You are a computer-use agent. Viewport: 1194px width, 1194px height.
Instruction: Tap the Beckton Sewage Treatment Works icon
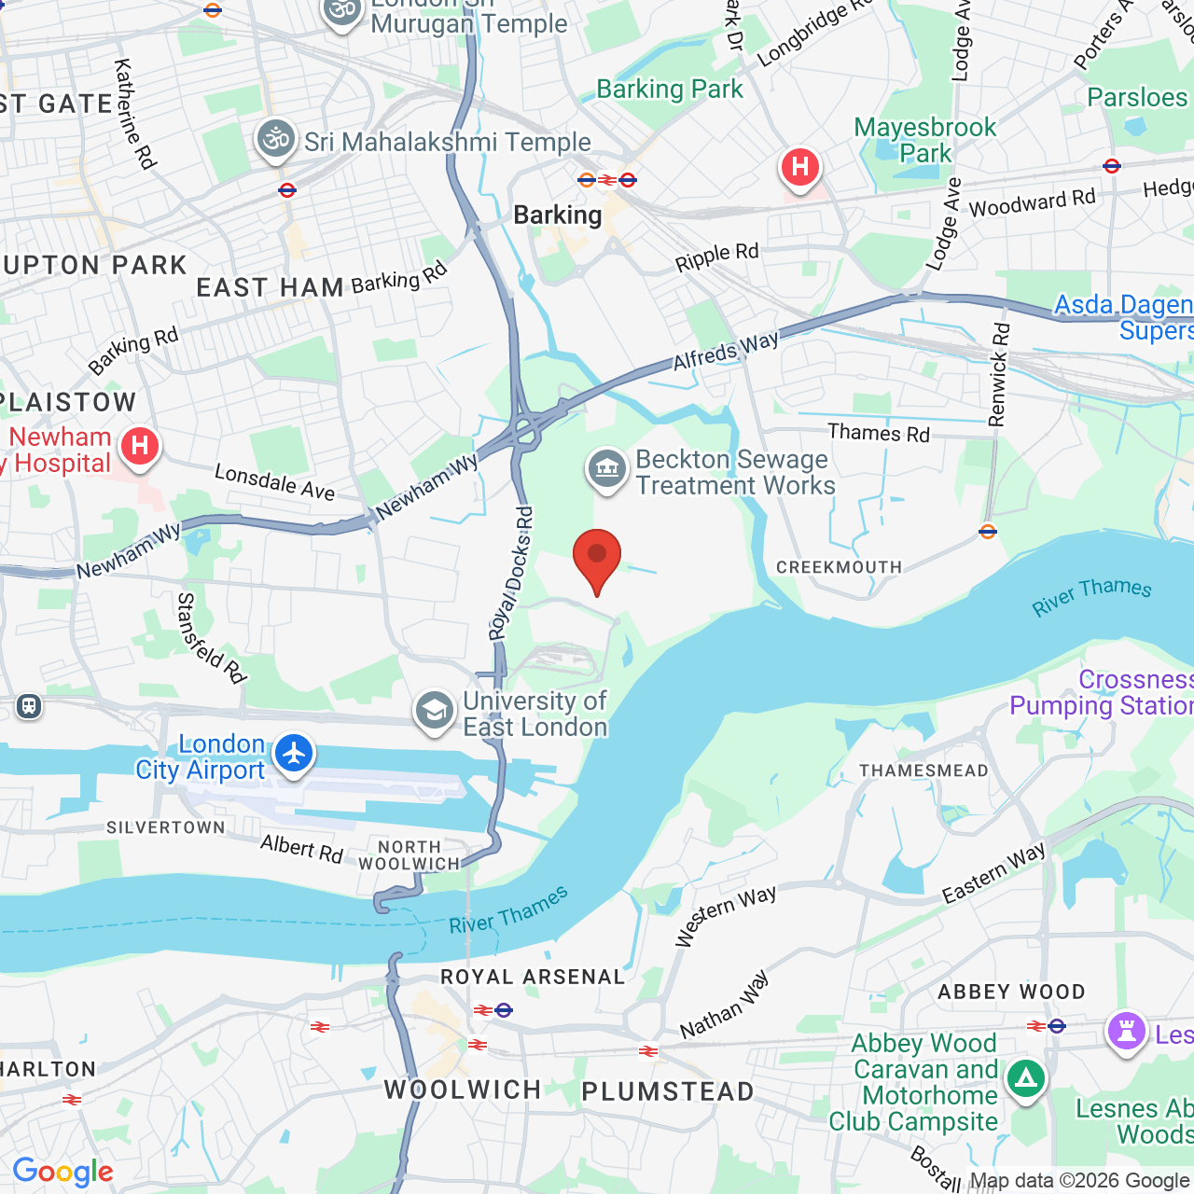[x=607, y=469]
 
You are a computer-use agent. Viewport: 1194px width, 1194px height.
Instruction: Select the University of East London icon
[x=435, y=712]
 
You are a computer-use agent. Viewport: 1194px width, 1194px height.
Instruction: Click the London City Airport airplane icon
[x=295, y=753]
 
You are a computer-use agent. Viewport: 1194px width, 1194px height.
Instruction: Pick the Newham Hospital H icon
[x=140, y=447]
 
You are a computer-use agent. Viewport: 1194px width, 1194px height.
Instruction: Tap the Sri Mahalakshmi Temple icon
[x=276, y=140]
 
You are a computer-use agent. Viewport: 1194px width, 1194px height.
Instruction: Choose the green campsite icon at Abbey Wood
[x=1026, y=1079]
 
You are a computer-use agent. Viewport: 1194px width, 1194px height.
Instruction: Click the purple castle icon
[x=1126, y=1032]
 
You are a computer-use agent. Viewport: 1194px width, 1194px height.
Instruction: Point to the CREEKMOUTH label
[x=839, y=567]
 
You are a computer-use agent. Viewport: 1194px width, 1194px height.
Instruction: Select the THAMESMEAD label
[x=923, y=771]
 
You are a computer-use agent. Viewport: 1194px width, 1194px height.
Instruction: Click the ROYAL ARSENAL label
[x=533, y=977]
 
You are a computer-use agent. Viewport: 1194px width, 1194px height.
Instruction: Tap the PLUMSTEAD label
[x=668, y=1091]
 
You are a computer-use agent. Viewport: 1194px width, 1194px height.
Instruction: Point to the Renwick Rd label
[x=1000, y=374]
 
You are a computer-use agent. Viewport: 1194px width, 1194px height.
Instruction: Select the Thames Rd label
[x=879, y=433]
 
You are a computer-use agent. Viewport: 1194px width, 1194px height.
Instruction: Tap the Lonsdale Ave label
[x=274, y=481]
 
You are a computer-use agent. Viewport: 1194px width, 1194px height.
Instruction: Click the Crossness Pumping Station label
[x=1102, y=693]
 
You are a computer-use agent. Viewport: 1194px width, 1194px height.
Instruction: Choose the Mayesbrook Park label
[x=925, y=140]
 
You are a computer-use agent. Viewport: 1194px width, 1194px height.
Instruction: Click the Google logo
[x=62, y=1172]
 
